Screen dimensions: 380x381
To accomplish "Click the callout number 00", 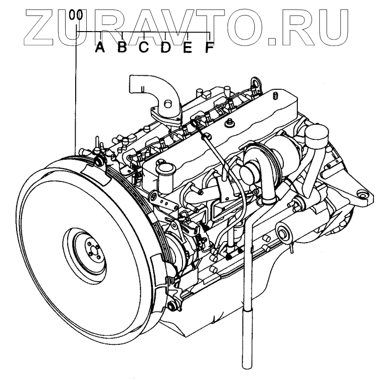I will click(75, 15).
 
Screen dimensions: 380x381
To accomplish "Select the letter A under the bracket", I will click(100, 48).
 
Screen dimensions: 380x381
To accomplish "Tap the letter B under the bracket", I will click(122, 48).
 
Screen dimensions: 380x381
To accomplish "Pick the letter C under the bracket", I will click(144, 48).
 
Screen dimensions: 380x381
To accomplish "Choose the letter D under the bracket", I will click(166, 48).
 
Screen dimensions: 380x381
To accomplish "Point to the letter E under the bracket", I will click(187, 48).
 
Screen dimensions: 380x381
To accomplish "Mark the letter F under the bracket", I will click(209, 48).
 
